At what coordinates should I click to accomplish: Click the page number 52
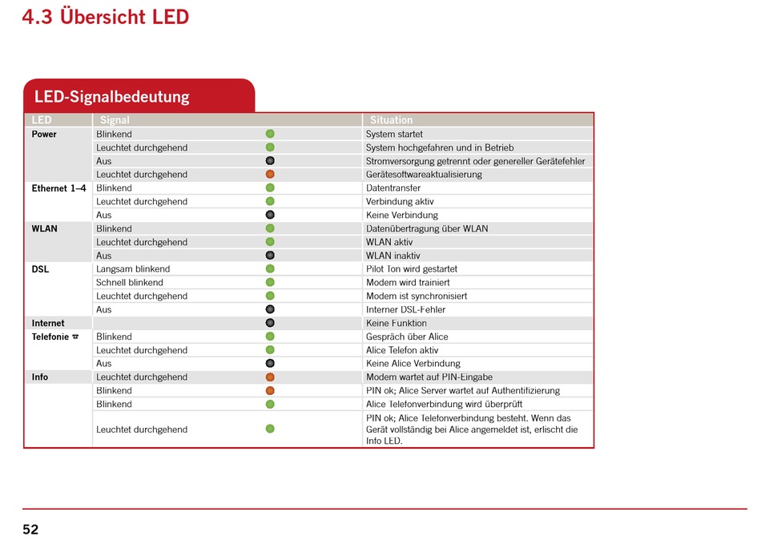click(x=30, y=529)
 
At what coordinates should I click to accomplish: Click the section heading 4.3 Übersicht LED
click(x=105, y=17)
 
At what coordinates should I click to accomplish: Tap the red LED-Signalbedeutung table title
click(x=111, y=96)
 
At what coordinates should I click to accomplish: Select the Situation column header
click(x=391, y=120)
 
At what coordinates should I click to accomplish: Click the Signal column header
click(x=115, y=120)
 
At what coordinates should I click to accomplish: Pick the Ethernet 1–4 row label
click(x=58, y=188)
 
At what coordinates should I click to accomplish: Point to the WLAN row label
click(x=44, y=228)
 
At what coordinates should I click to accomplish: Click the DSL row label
click(x=40, y=269)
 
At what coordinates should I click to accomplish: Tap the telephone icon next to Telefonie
click(x=75, y=336)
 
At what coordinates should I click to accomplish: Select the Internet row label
click(x=48, y=323)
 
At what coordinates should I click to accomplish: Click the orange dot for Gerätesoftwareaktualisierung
click(x=270, y=174)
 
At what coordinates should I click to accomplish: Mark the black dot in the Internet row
click(x=270, y=323)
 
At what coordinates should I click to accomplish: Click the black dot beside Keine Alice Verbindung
click(x=270, y=363)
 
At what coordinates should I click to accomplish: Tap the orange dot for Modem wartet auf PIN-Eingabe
click(x=270, y=377)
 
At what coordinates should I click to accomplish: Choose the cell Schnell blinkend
click(x=130, y=283)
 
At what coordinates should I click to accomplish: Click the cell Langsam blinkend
click(x=133, y=269)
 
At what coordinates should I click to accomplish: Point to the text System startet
click(x=394, y=134)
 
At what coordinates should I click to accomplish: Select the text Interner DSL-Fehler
click(x=406, y=310)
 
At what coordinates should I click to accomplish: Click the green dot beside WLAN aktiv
click(x=270, y=242)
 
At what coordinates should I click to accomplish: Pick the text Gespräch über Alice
click(x=407, y=336)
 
